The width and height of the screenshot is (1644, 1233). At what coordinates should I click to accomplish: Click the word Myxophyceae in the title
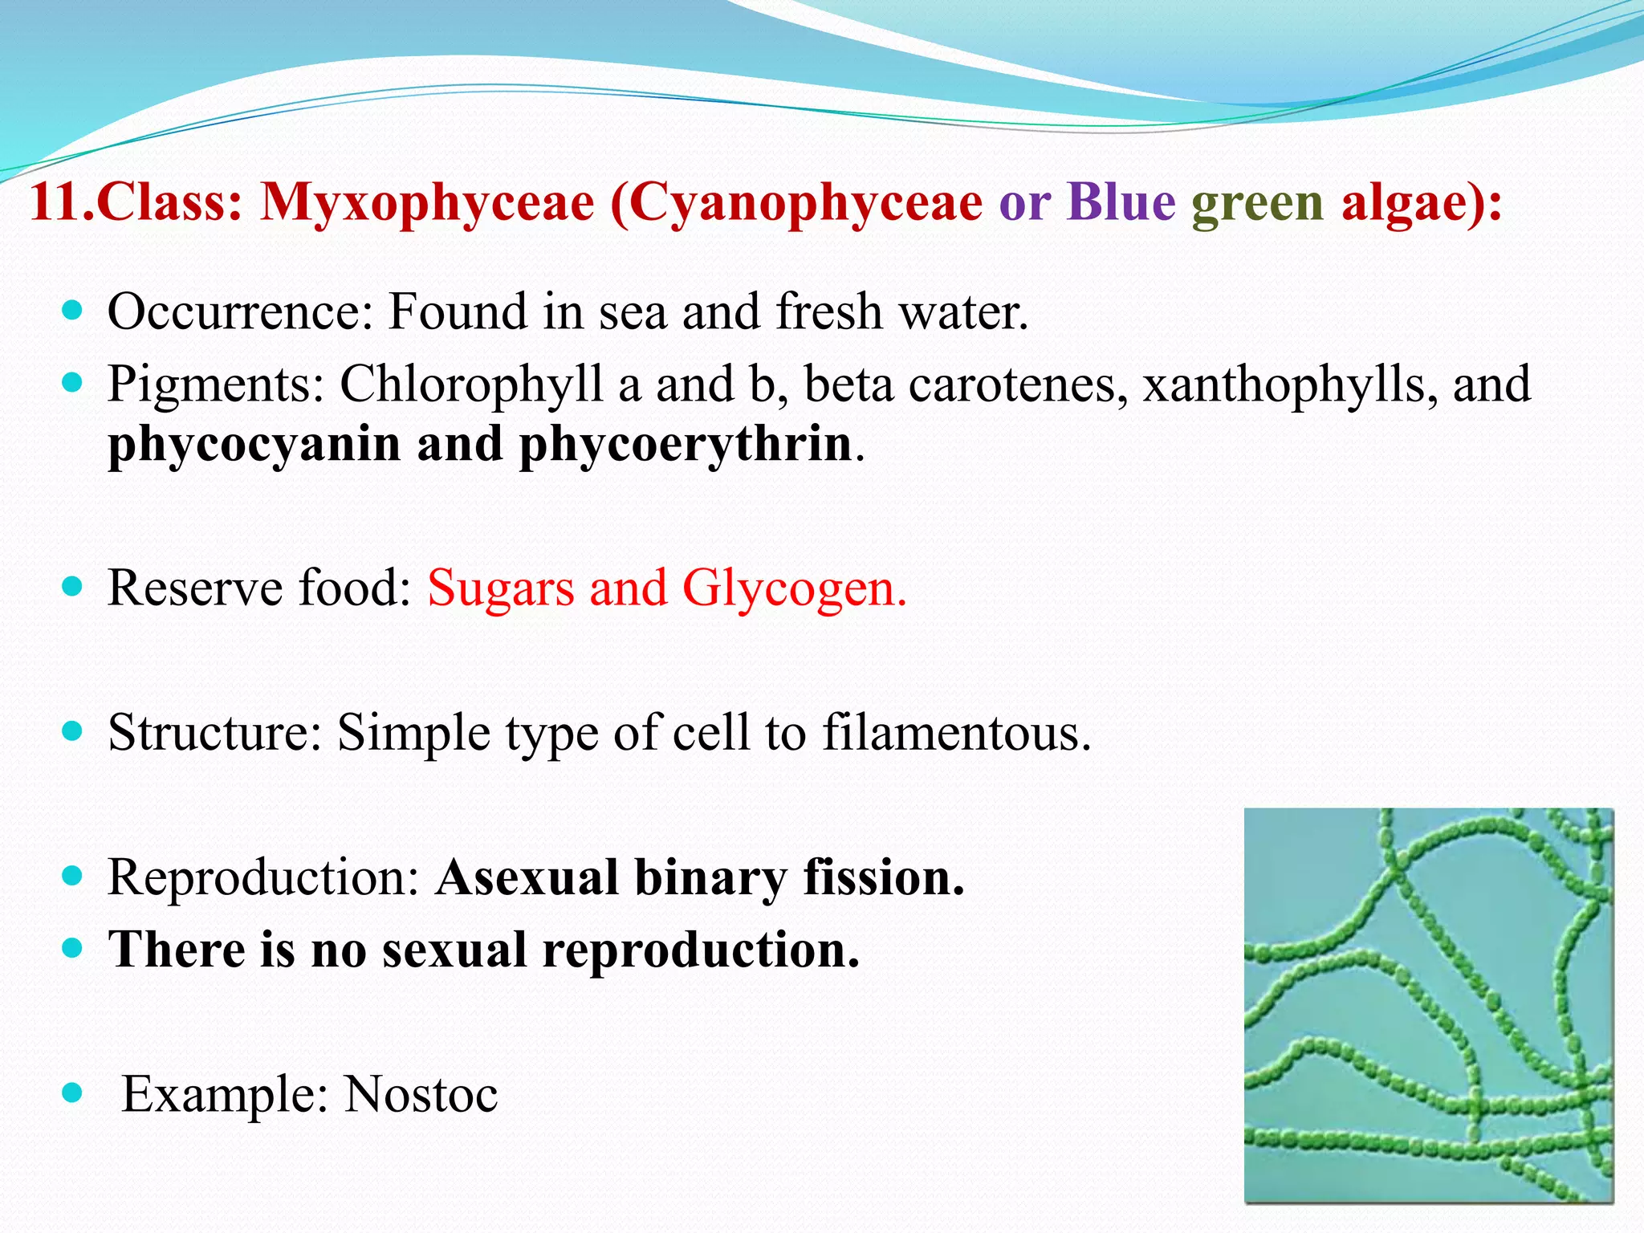click(x=427, y=202)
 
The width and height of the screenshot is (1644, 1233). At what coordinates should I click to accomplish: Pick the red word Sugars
click(x=501, y=589)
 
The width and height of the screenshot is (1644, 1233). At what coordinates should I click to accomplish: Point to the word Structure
click(x=214, y=732)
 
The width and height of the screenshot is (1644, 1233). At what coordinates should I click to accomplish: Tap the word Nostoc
click(x=421, y=1095)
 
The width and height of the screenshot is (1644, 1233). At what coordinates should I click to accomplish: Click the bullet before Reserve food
click(x=72, y=587)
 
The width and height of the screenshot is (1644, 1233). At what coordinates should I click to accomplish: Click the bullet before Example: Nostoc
click(x=72, y=1093)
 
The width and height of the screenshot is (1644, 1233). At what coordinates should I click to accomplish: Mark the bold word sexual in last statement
click(x=454, y=950)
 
